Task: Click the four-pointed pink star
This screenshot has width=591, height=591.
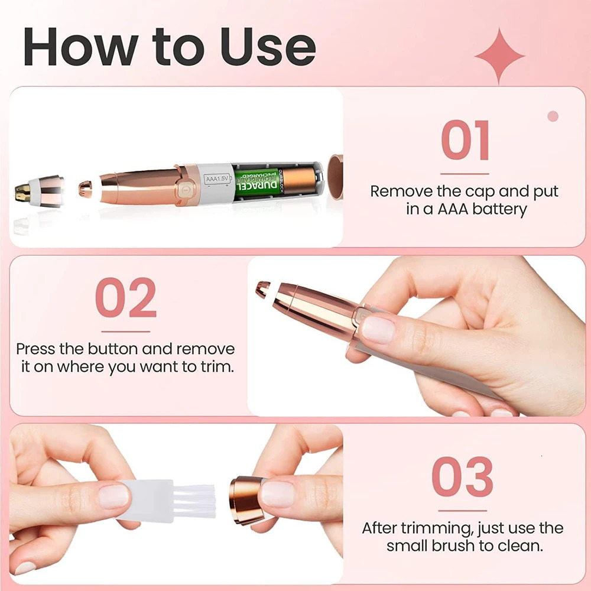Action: tap(499, 56)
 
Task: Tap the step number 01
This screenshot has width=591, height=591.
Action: tap(465, 140)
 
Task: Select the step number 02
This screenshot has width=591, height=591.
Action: tap(126, 297)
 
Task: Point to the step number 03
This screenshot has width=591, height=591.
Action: tap(463, 476)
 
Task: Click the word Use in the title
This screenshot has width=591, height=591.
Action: tap(268, 47)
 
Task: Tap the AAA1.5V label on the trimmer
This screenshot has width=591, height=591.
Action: tap(217, 178)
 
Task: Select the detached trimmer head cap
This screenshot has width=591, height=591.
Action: tap(40, 191)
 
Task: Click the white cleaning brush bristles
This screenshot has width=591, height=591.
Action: tap(194, 501)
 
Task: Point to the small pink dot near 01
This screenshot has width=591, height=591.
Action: tap(553, 116)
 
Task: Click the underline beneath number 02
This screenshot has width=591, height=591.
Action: tap(126, 332)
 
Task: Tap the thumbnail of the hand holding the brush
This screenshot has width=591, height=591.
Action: tap(113, 496)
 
